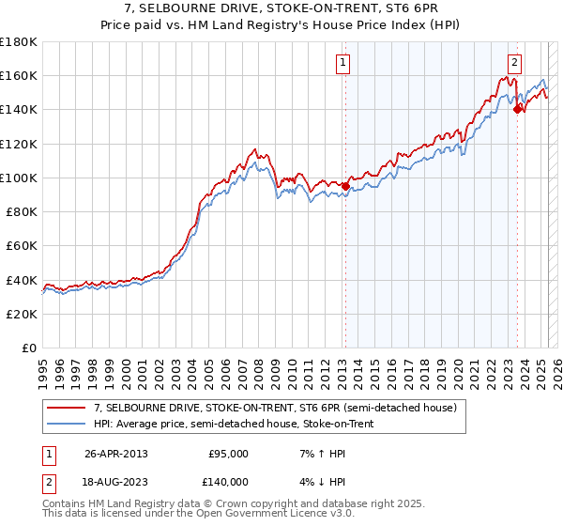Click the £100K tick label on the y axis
(x=19, y=178)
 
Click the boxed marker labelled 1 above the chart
(x=343, y=64)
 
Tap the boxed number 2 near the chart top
(x=515, y=64)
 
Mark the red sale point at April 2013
(x=345, y=186)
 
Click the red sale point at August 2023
(x=517, y=109)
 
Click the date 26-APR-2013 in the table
(x=116, y=454)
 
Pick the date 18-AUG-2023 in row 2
(x=116, y=481)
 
